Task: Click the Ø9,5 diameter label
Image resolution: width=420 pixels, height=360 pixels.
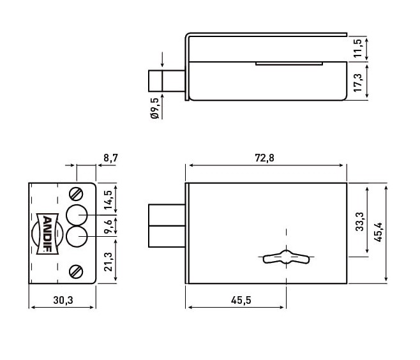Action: click(154, 109)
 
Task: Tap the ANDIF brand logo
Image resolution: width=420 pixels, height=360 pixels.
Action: click(47, 233)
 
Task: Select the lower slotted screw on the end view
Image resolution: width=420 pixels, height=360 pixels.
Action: click(77, 271)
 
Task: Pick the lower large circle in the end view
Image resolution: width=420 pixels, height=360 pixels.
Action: click(77, 237)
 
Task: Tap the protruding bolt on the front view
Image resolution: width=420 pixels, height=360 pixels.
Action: click(167, 225)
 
